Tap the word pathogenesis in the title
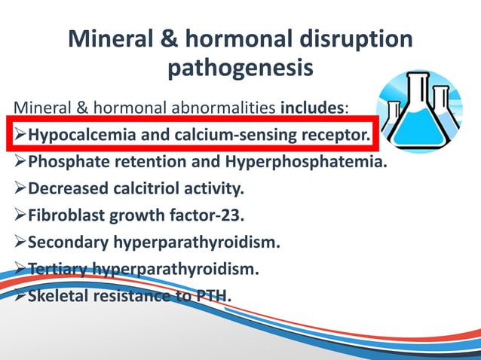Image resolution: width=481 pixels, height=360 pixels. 240,69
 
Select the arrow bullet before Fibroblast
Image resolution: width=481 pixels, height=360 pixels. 18,215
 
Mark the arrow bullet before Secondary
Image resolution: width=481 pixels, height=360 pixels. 18,243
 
